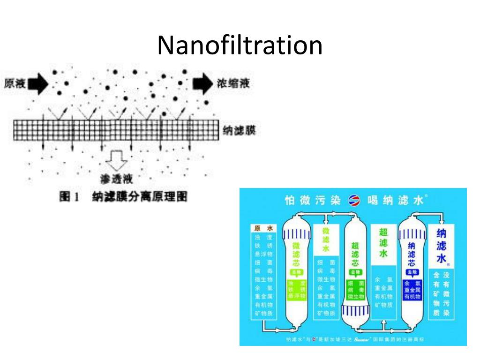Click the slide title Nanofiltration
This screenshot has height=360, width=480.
click(x=240, y=46)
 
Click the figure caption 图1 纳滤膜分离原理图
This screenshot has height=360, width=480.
click(x=123, y=197)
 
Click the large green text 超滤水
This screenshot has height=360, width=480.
click(x=383, y=242)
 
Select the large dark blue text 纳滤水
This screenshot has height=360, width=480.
click(x=441, y=246)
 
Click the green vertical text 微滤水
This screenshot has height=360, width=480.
click(x=326, y=239)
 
